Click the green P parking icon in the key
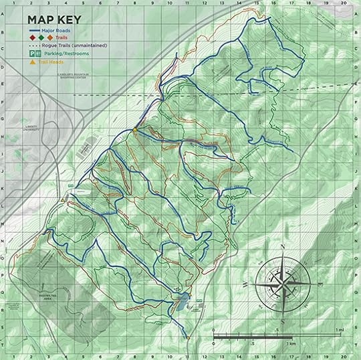pyautogui.click(x=30, y=52)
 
